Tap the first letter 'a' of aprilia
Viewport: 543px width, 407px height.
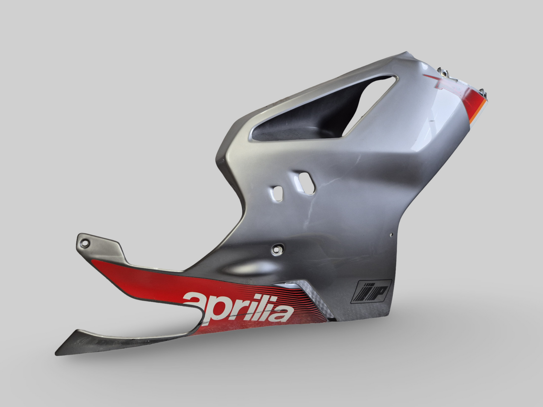pyautogui.click(x=195, y=304)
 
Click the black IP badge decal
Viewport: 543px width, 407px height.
pyautogui.click(x=371, y=291)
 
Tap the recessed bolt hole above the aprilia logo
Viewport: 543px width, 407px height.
pyautogui.click(x=278, y=249)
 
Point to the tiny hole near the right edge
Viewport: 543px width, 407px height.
pyautogui.click(x=392, y=235)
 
